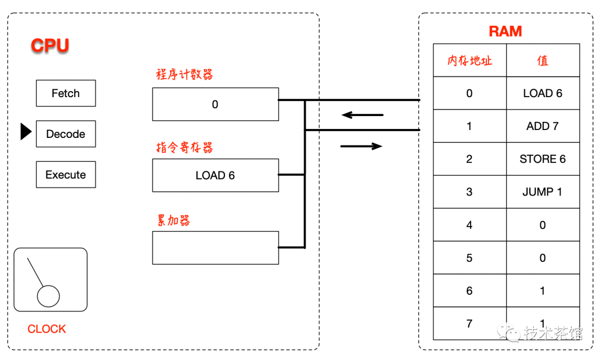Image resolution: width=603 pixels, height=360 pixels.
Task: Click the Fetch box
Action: pyautogui.click(x=66, y=93)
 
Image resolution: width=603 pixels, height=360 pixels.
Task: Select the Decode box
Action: pyautogui.click(x=66, y=134)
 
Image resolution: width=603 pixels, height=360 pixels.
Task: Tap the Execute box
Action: pyautogui.click(x=66, y=175)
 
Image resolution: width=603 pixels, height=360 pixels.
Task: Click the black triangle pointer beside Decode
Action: pyautogui.click(x=26, y=132)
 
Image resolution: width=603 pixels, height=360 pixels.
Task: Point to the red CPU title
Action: pyautogui.click(x=50, y=45)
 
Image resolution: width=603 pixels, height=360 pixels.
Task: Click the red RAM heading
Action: pyautogui.click(x=505, y=32)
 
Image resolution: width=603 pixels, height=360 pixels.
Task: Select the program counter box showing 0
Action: pyautogui.click(x=215, y=104)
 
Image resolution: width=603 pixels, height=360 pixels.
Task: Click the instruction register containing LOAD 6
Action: pyautogui.click(x=215, y=175)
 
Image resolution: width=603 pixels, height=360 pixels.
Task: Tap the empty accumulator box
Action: pyautogui.click(x=215, y=248)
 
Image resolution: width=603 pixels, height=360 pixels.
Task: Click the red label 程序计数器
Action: pyautogui.click(x=184, y=75)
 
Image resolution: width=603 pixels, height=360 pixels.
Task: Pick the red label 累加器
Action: pyautogui.click(x=173, y=220)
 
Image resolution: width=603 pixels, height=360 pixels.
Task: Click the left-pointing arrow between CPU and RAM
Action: pyautogui.click(x=362, y=116)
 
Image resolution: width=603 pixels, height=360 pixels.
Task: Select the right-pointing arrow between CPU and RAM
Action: pyautogui.click(x=361, y=146)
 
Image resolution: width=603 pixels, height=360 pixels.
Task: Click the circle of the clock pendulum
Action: pyautogui.click(x=49, y=296)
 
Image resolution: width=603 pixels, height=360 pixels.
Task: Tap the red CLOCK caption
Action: pyautogui.click(x=47, y=329)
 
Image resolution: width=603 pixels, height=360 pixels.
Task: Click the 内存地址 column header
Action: pyautogui.click(x=470, y=61)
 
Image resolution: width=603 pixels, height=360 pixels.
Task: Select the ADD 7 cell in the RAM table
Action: pyautogui.click(x=543, y=126)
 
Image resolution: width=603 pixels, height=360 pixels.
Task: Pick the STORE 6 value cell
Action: pyautogui.click(x=543, y=159)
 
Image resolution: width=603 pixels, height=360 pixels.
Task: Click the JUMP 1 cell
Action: pyautogui.click(x=543, y=192)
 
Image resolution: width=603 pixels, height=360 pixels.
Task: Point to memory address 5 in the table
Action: pyautogui.click(x=470, y=258)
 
